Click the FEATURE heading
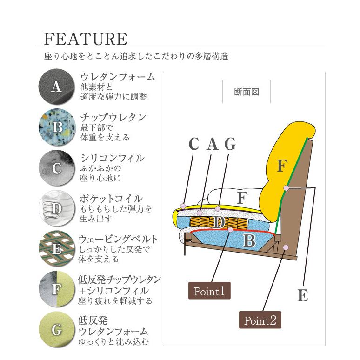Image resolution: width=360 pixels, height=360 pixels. pos(86,39)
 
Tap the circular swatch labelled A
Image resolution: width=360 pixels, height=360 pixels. pos(57,87)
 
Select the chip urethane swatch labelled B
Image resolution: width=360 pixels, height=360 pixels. pos(57,127)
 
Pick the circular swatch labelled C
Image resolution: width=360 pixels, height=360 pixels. pos(57,168)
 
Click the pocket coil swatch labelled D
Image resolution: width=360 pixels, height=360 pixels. pos(57,208)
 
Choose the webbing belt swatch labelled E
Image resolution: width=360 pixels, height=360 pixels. pos(57,249)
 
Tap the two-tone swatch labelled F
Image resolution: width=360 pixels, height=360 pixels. pos(57,289)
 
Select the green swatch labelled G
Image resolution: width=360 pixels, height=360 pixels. pos(57,330)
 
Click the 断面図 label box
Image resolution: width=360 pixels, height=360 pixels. pos(247,92)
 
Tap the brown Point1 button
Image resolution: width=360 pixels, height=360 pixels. pos(209,291)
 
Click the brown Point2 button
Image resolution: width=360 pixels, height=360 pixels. pos(260,320)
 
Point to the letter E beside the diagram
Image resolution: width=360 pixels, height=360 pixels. pos(303,295)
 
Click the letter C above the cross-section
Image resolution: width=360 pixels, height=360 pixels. pos(194,144)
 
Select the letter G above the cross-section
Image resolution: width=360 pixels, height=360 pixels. pos(230,144)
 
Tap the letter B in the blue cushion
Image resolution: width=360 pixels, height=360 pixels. pos(249,240)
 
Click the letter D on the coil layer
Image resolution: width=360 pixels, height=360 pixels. pos(219,222)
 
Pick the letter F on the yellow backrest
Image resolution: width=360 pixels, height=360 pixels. pos(282,166)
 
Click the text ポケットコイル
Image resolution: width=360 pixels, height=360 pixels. pos(111,199)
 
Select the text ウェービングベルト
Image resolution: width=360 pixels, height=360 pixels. pos(118,239)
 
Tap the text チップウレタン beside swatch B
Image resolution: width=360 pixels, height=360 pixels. pos(113,118)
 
